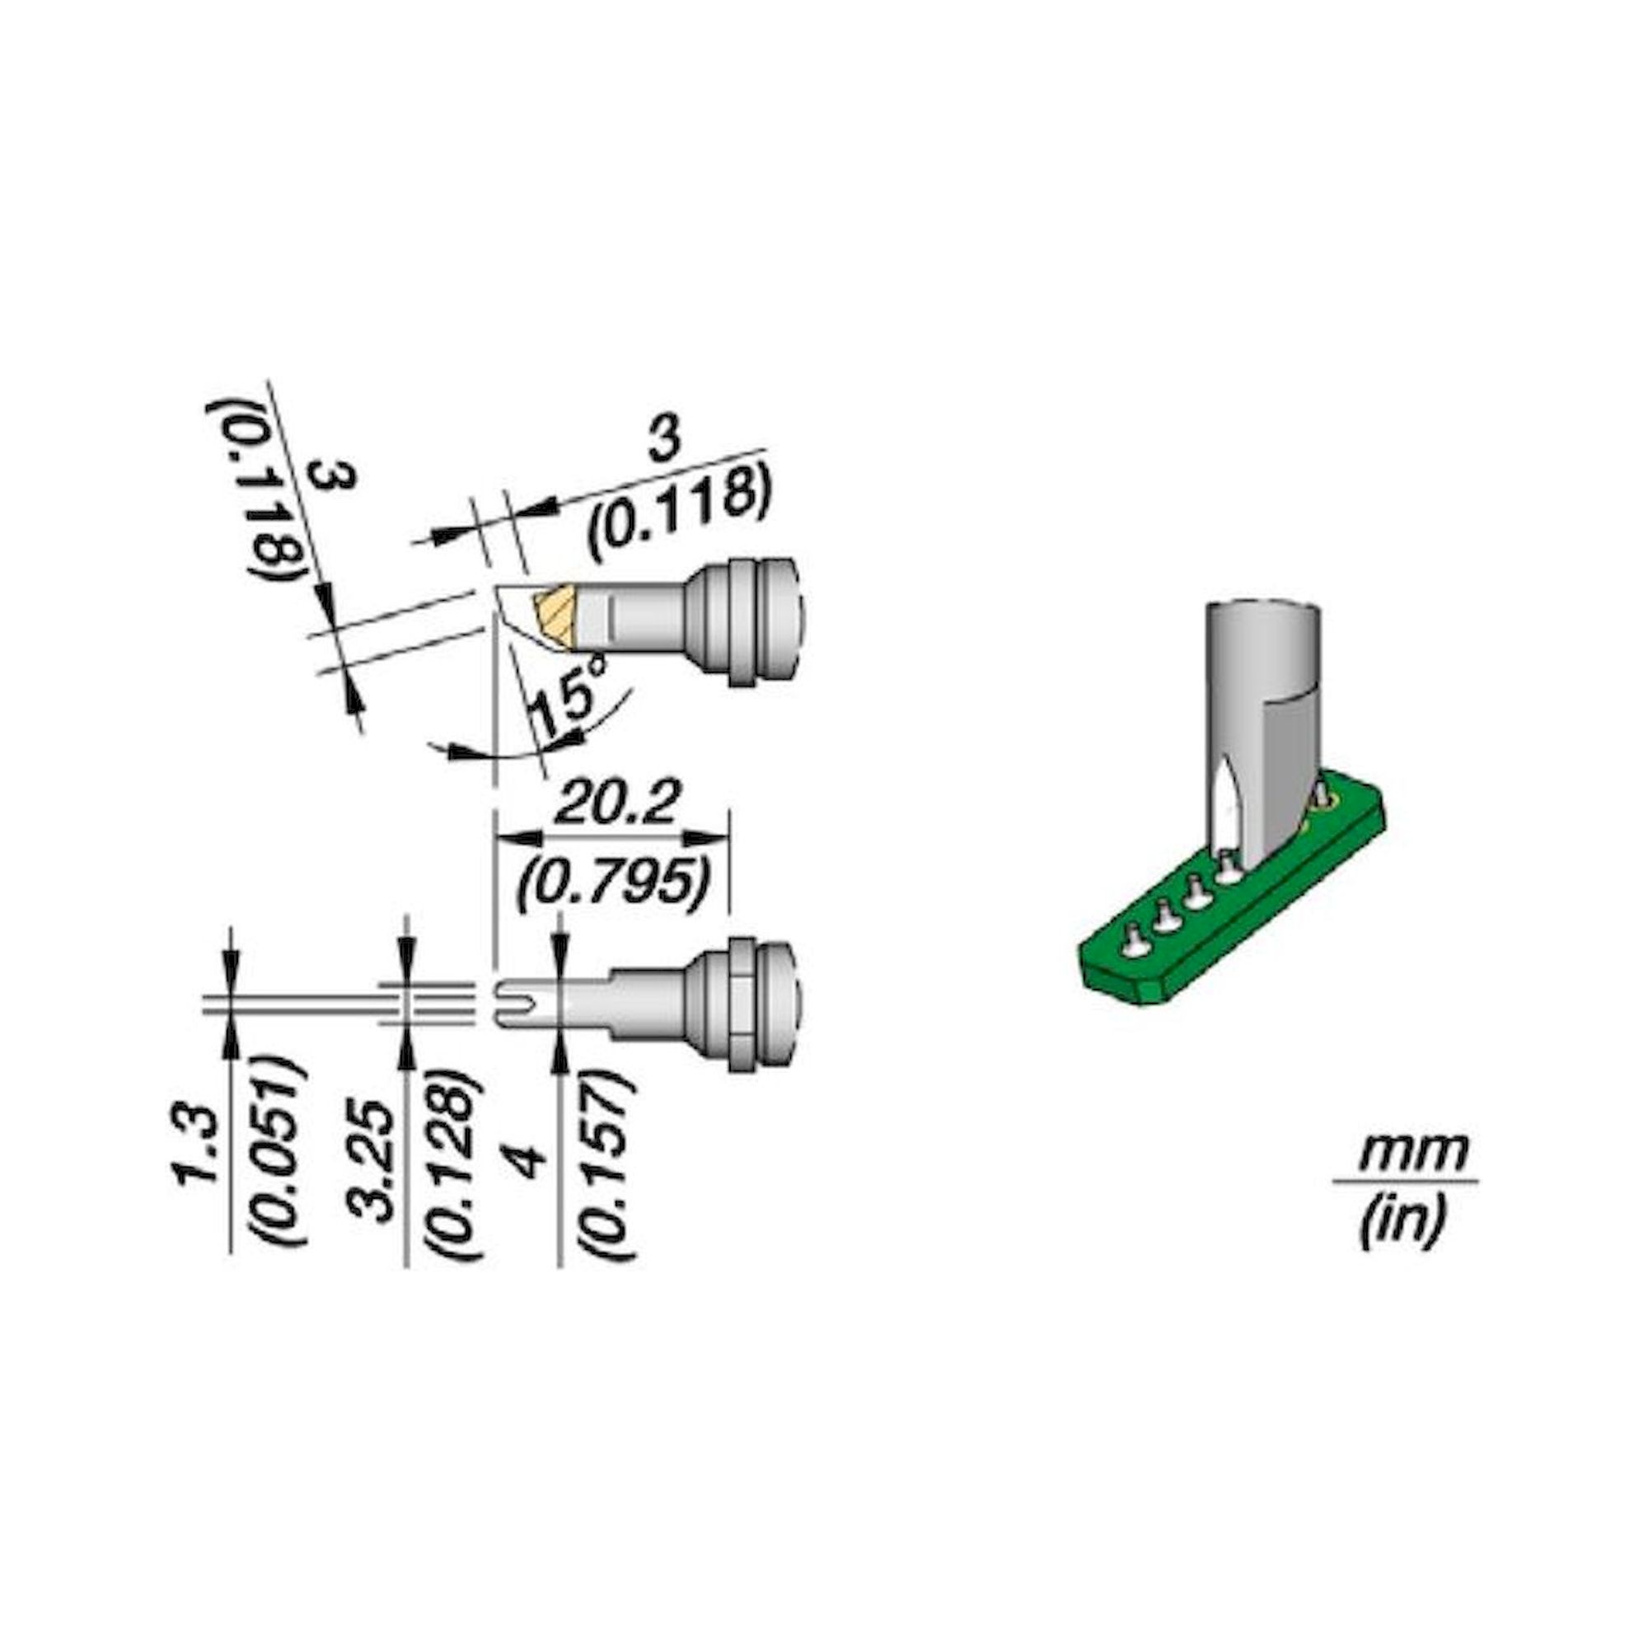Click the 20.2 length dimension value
click(x=615, y=805)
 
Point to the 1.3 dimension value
click(x=194, y=1152)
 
